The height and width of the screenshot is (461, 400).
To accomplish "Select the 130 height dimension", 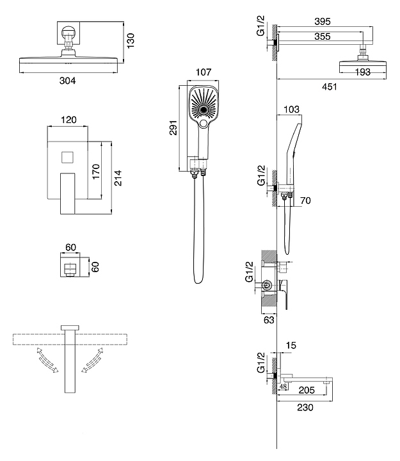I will [131, 40].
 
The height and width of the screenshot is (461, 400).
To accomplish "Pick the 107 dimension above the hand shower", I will [203, 72].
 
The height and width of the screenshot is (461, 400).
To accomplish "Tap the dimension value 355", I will [323, 37].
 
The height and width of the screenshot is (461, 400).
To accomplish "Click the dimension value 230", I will [305, 407].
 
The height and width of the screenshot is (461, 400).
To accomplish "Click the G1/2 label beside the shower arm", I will [260, 30].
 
